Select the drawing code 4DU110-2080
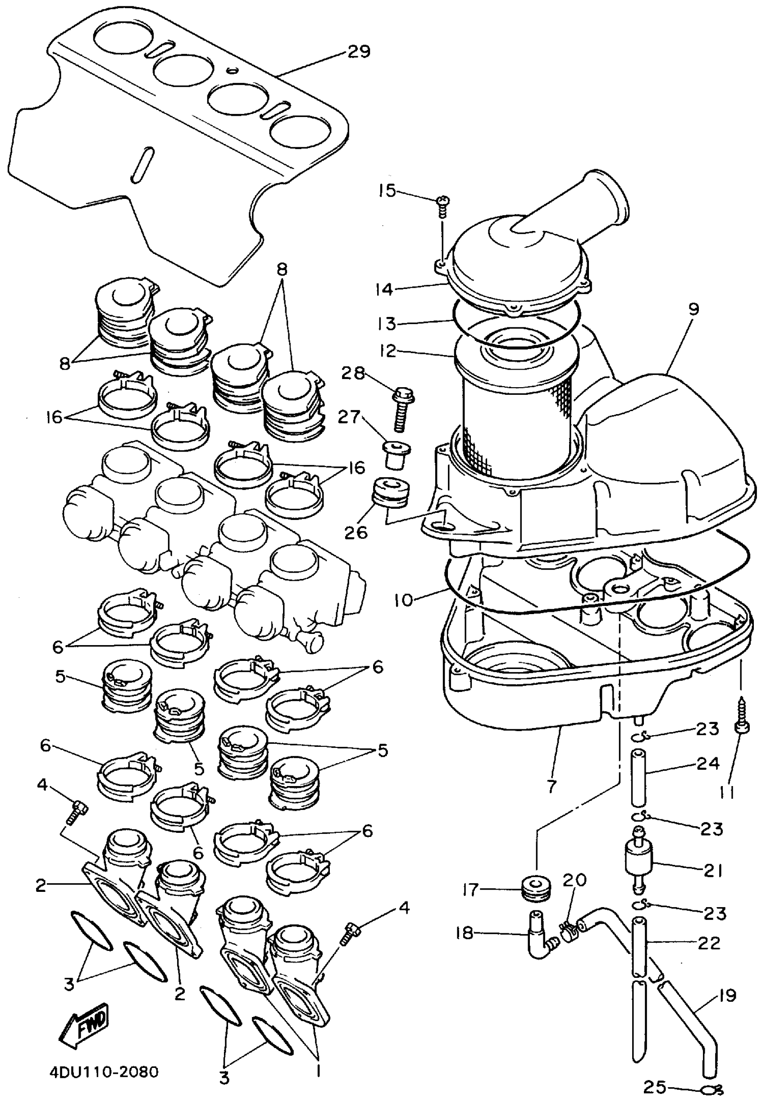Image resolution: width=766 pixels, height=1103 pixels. [x=104, y=1071]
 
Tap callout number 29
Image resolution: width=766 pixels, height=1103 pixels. [x=359, y=51]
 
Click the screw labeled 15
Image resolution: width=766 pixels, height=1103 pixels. [x=442, y=207]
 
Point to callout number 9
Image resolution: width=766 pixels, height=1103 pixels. [x=694, y=309]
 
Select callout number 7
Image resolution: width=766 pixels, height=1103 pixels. [x=552, y=786]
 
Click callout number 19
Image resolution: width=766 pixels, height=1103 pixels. [x=727, y=995]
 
